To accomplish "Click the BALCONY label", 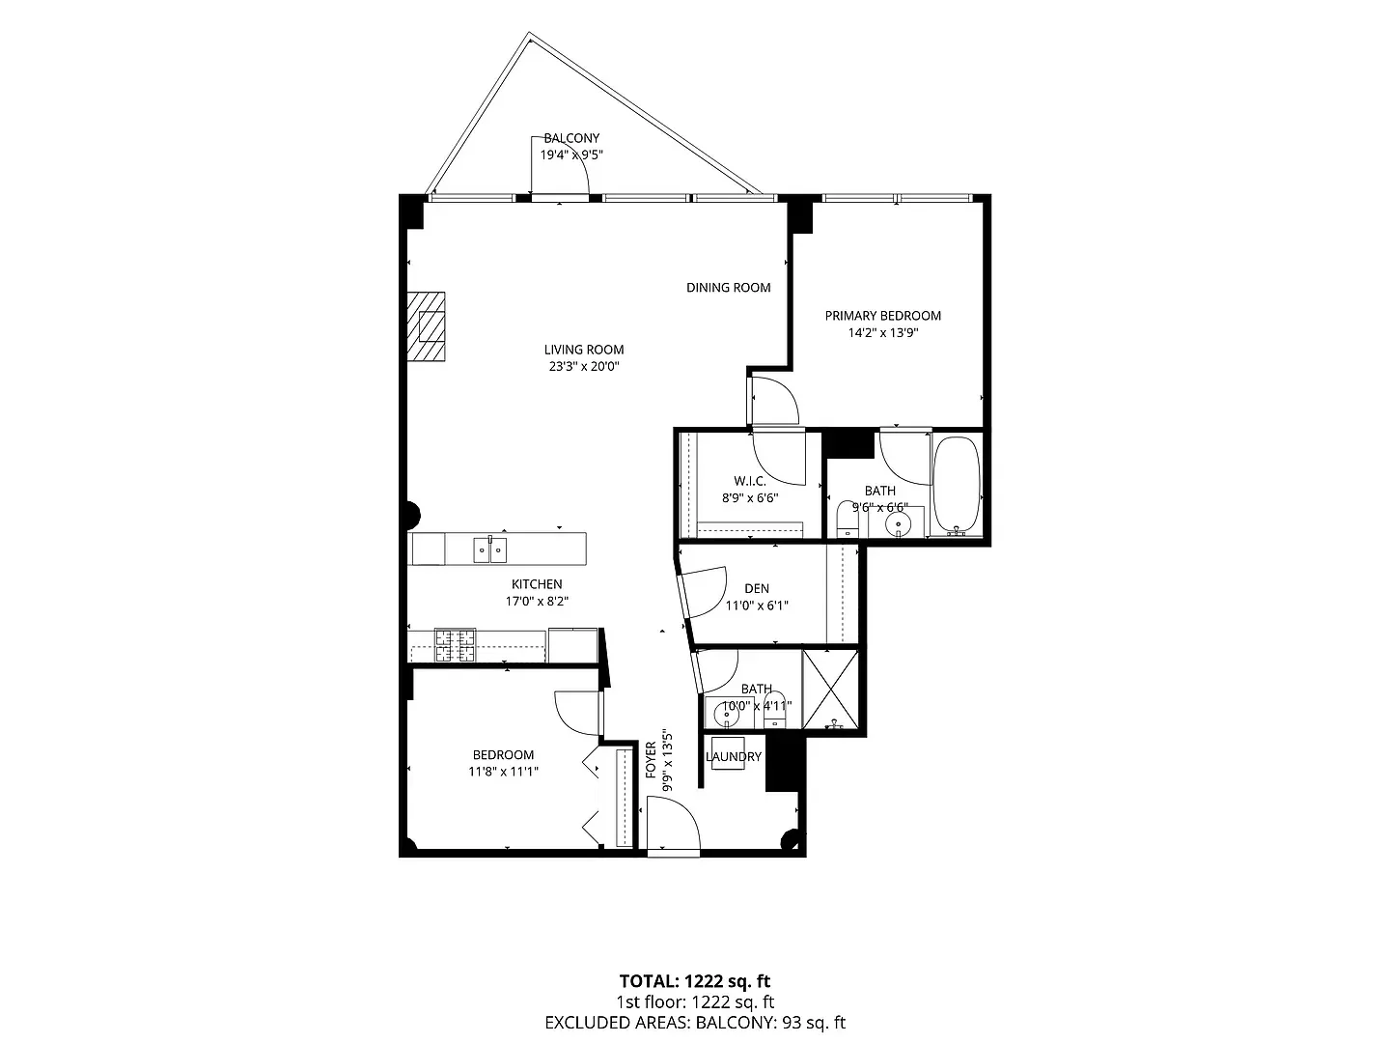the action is pyautogui.click(x=571, y=138).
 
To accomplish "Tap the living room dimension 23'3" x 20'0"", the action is pyautogui.click(x=583, y=366).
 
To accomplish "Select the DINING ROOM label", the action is pyautogui.click(x=728, y=288).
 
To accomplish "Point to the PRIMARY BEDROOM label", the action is pyautogui.click(x=883, y=316).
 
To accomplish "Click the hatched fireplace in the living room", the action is pyautogui.click(x=426, y=326).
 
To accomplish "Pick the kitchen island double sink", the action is pyautogui.click(x=490, y=550).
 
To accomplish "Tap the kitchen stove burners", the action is pyautogui.click(x=455, y=645).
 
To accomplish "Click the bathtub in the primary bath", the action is pyautogui.click(x=957, y=485).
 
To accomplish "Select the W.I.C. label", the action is pyautogui.click(x=750, y=481).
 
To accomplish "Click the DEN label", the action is pyautogui.click(x=757, y=588).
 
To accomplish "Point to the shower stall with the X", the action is pyautogui.click(x=830, y=690).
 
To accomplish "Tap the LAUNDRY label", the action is pyautogui.click(x=734, y=757).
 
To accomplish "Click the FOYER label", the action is pyautogui.click(x=651, y=759).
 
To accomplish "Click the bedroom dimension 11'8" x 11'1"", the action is pyautogui.click(x=504, y=772).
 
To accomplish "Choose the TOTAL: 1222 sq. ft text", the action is pyautogui.click(x=695, y=981).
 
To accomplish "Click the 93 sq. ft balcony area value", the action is pyautogui.click(x=814, y=1022).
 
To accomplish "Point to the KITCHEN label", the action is pyautogui.click(x=537, y=584).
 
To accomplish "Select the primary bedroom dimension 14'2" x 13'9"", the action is pyautogui.click(x=883, y=332).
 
